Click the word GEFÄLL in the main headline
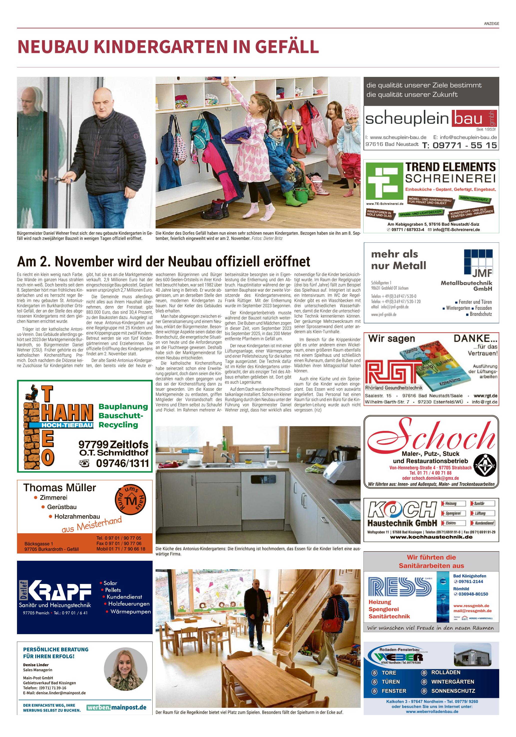(287, 46)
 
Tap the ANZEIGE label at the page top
(491, 23)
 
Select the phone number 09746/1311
(122, 463)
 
